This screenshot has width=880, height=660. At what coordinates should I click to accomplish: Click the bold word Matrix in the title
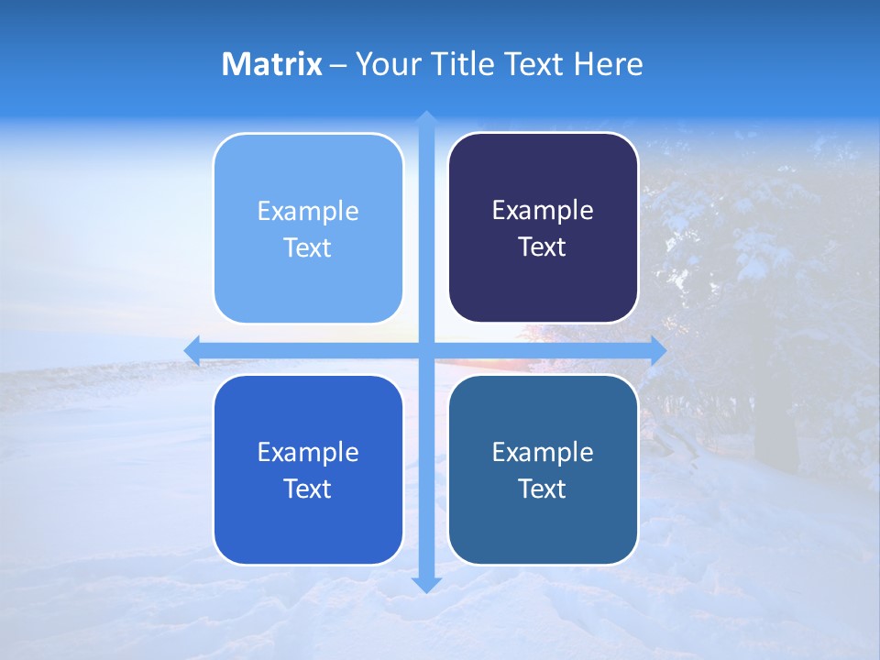(x=272, y=64)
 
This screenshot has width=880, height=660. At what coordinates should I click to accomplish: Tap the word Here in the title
(x=609, y=64)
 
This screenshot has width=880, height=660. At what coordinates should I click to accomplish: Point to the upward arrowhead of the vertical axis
(x=426, y=119)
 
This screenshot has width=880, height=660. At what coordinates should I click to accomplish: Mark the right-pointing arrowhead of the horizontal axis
(x=657, y=350)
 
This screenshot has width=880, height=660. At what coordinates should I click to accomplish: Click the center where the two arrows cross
(x=426, y=350)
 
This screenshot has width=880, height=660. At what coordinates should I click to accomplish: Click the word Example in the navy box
(x=543, y=211)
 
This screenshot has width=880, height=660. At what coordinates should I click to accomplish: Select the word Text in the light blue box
(x=308, y=248)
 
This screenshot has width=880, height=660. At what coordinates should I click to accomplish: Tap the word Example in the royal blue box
(x=308, y=452)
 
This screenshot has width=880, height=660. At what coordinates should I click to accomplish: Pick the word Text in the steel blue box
(x=543, y=489)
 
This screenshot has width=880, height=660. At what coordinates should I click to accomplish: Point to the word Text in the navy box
(x=543, y=247)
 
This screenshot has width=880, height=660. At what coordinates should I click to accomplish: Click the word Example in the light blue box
(x=308, y=212)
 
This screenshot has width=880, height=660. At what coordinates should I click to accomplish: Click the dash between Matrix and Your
(x=338, y=65)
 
